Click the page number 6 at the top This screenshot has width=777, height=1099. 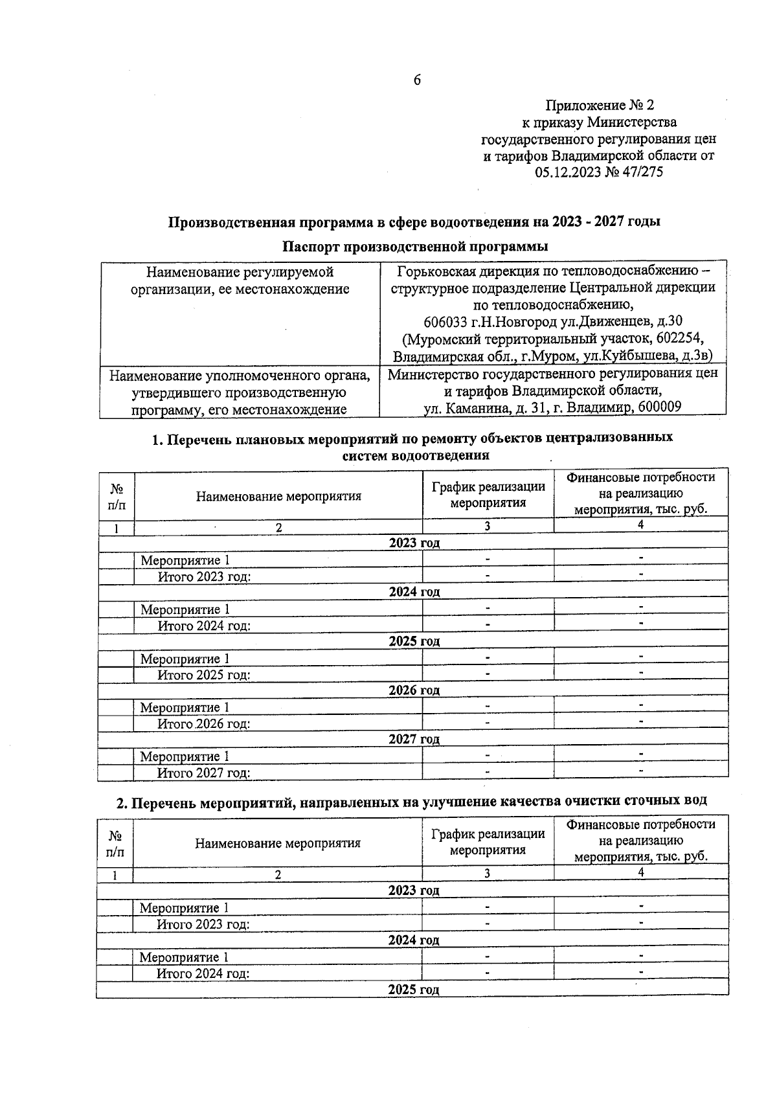(416, 80)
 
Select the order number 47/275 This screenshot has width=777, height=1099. (643, 173)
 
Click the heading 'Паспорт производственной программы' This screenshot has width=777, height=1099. (414, 247)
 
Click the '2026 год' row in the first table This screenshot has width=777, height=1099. (414, 690)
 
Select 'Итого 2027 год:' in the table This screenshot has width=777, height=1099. (204, 773)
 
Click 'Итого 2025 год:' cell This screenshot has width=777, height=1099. (204, 675)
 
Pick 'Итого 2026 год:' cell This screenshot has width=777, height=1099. (204, 724)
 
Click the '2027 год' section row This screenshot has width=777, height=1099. (414, 740)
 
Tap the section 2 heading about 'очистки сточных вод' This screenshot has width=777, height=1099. (411, 802)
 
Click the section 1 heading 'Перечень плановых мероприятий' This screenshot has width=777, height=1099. (412, 438)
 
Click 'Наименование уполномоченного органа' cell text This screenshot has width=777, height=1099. (240, 376)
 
